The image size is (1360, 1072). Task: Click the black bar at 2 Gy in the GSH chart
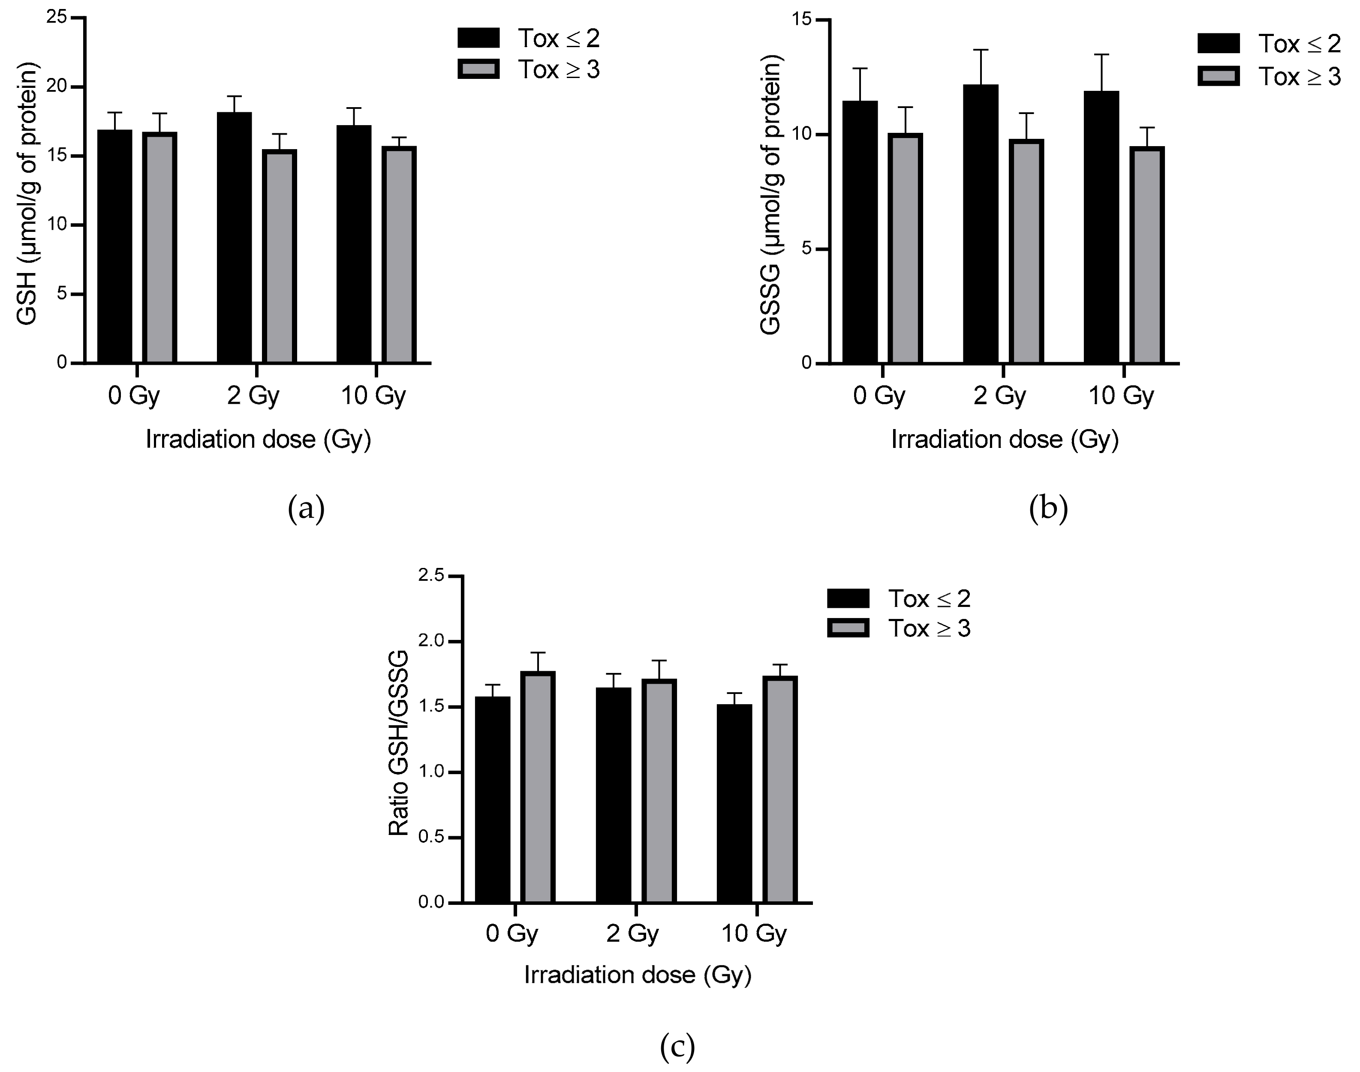234,238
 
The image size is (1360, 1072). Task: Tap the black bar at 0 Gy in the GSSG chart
860,232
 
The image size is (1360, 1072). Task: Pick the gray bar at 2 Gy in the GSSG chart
1026,251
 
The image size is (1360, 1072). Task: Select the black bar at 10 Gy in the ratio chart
734,803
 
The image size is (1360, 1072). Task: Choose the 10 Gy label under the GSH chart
373,396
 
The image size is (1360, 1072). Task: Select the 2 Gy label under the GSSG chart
999,396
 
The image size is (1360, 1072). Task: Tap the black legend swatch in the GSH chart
478,38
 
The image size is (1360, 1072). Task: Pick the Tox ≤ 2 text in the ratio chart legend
929,599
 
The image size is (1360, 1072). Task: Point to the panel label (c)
677,1046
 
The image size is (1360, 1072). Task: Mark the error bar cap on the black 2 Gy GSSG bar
980,50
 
